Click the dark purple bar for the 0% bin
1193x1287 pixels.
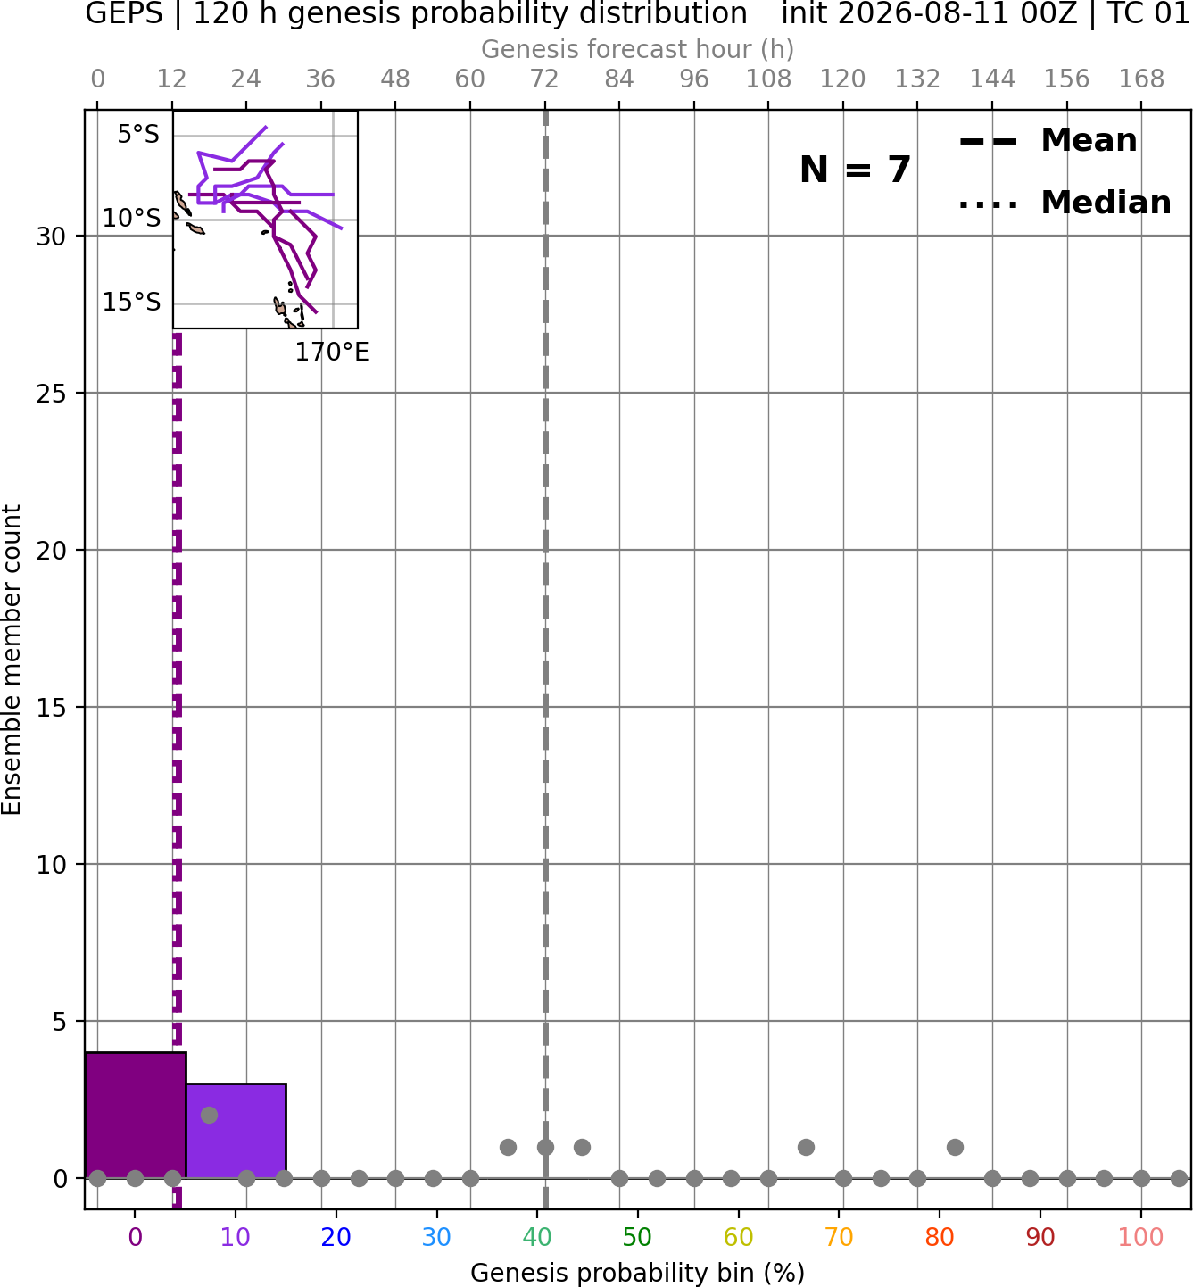[x=136, y=1115]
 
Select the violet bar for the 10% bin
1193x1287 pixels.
[x=236, y=1130]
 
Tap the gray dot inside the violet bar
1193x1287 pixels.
[x=209, y=1116]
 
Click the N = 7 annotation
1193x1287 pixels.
[x=855, y=170]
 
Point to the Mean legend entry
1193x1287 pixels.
[x=1048, y=141]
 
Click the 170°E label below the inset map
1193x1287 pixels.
[x=332, y=353]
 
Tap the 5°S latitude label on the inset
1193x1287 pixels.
[x=138, y=134]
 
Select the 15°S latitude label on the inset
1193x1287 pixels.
[x=131, y=302]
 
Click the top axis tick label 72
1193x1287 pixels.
[x=544, y=79]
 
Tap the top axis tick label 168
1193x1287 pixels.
[x=1141, y=79]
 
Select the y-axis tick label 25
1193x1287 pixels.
[x=51, y=394]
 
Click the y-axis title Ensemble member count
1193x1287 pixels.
[x=12, y=660]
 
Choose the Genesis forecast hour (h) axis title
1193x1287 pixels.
[x=638, y=49]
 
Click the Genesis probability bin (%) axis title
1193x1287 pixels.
[x=638, y=1273]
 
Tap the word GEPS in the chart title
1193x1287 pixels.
[x=124, y=13]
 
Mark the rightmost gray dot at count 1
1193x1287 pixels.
[x=955, y=1147]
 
